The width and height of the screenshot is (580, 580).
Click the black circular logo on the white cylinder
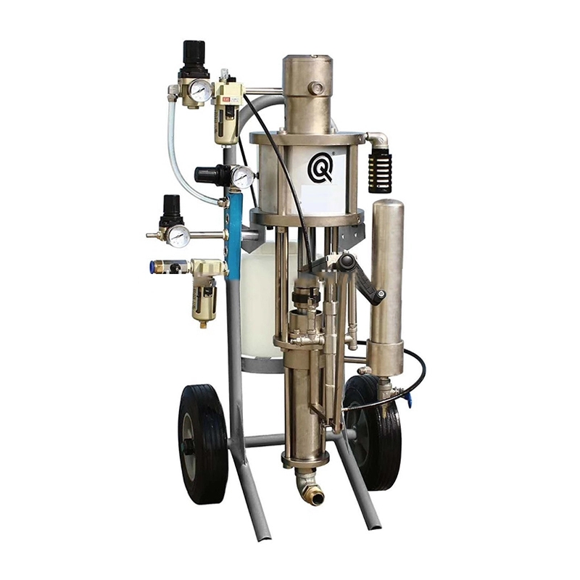click(x=320, y=169)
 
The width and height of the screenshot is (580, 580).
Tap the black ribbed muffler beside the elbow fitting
click(x=379, y=171)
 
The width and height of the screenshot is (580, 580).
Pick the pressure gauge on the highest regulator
click(x=200, y=91)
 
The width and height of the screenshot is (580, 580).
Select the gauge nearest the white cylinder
click(x=242, y=176)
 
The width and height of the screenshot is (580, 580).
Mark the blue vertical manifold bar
click(x=233, y=232)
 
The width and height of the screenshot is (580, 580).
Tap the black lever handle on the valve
click(x=362, y=275)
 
